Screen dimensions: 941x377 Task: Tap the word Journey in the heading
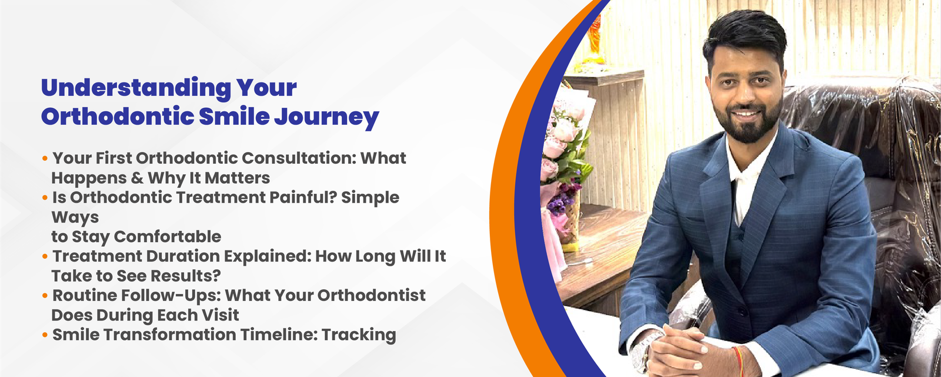pyautogui.click(x=327, y=117)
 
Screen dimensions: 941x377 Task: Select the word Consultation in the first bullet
pyautogui.click(x=299, y=158)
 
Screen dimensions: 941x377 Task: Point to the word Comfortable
pyautogui.click(x=168, y=236)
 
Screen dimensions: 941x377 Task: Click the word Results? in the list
pyautogui.click(x=185, y=276)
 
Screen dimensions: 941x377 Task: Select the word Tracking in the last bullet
pyautogui.click(x=359, y=335)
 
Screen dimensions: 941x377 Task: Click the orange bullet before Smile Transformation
pyautogui.click(x=45, y=335)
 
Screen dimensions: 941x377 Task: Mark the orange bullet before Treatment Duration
pyautogui.click(x=45, y=256)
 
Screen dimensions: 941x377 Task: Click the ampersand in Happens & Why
pyautogui.click(x=137, y=178)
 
